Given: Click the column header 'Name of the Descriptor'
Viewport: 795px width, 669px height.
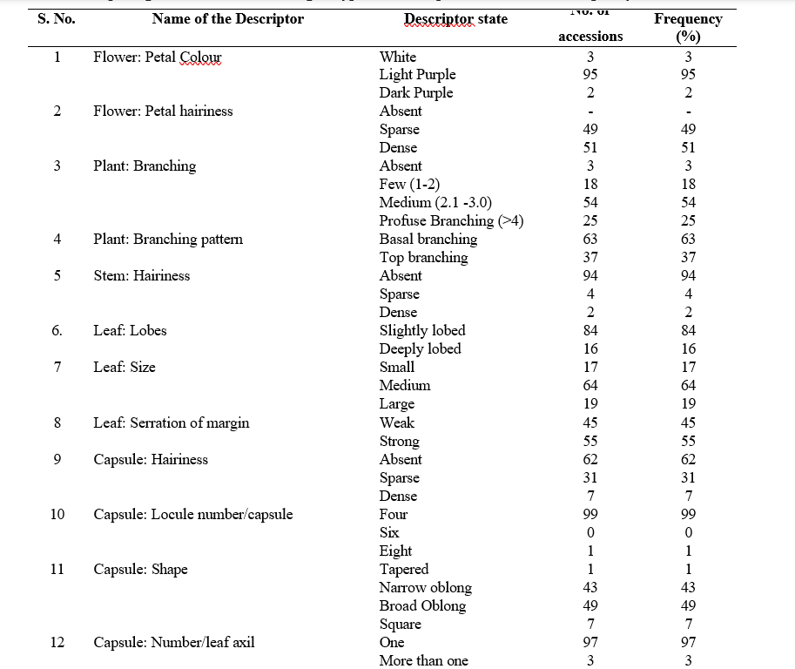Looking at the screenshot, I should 227,18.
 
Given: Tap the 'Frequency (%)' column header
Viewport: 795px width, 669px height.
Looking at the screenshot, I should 688,27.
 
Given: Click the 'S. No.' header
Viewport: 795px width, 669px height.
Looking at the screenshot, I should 57,18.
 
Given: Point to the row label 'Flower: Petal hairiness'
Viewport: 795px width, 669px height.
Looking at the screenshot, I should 163,111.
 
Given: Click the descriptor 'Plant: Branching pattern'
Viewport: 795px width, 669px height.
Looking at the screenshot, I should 168,239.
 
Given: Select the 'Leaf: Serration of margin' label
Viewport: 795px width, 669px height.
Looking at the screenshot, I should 172,422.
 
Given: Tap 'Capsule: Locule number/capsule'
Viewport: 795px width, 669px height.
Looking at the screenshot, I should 193,514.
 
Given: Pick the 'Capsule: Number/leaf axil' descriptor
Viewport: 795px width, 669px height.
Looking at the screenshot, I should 174,643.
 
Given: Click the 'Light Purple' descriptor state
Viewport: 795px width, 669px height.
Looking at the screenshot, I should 417,74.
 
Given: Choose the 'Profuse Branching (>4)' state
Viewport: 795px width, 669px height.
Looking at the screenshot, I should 451,220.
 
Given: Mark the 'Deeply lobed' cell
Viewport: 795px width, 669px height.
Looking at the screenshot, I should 420,348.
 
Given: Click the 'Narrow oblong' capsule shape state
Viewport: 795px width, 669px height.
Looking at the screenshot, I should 425,587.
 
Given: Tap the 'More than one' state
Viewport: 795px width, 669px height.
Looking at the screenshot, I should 423,660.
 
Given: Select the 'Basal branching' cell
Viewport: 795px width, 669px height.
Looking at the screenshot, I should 428,239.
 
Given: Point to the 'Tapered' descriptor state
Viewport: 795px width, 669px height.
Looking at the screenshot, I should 403,569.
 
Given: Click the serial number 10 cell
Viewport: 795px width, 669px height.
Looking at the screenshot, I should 57,514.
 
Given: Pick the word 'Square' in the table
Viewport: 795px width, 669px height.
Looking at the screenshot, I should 400,624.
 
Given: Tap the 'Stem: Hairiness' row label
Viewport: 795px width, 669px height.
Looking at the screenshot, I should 141,275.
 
